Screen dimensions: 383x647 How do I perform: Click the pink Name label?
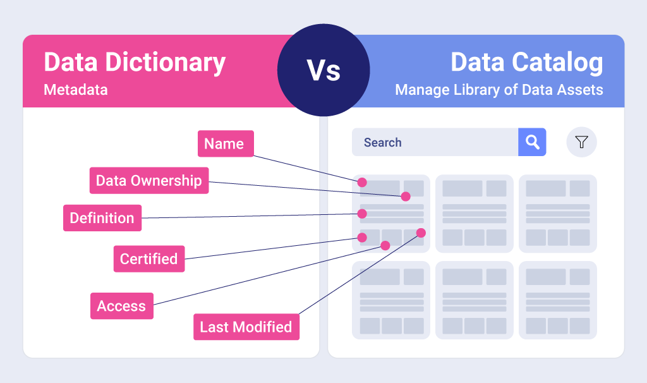(225, 143)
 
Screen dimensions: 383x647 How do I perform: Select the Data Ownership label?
(148, 181)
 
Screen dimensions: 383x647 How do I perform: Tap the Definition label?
(102, 218)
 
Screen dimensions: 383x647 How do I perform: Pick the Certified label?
(148, 259)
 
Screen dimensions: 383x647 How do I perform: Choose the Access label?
(121, 307)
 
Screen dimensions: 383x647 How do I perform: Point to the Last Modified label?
(246, 327)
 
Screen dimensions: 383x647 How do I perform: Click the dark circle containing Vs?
(323, 70)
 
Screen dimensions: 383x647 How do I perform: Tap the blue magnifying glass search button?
(532, 142)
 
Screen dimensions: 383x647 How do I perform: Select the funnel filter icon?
(581, 142)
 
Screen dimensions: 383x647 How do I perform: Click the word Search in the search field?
(382, 143)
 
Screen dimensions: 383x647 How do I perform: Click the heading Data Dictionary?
(135, 63)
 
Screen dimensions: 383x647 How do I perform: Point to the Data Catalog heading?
(526, 63)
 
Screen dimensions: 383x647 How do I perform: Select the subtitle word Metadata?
(76, 90)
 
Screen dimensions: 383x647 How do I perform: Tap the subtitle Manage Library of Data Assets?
(499, 90)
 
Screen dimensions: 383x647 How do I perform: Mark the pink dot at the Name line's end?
(362, 182)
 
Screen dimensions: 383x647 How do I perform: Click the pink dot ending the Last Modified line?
(421, 233)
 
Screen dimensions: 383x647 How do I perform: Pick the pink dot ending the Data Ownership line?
(406, 197)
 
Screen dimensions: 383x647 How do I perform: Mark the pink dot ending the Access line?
(385, 245)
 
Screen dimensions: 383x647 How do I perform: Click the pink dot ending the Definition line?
(362, 214)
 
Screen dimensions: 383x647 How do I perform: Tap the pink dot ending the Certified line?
(362, 238)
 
